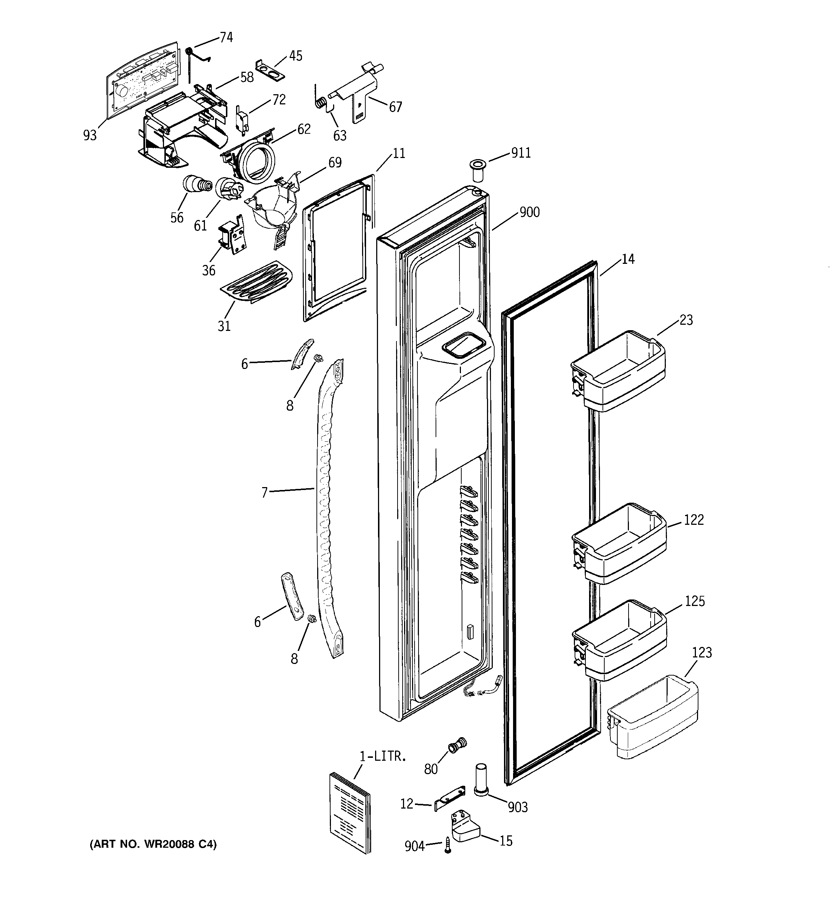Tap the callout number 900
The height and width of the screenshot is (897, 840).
tap(529, 212)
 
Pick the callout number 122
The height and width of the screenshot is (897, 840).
tap(693, 520)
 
